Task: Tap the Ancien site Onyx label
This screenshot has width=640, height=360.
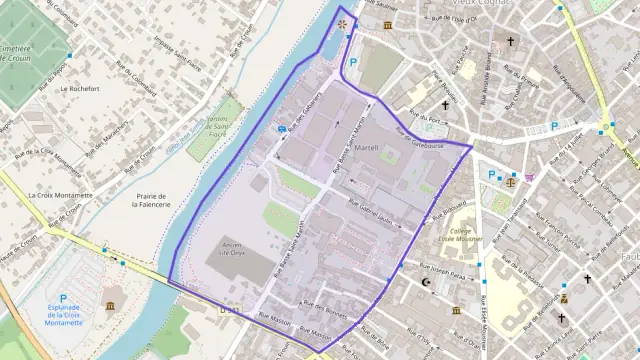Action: click(x=231, y=249)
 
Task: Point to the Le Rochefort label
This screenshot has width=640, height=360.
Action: click(x=77, y=88)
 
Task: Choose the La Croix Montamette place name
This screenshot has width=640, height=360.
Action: click(x=60, y=195)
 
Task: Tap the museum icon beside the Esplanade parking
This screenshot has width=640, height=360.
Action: click(x=109, y=304)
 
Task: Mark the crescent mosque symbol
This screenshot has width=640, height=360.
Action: click(x=429, y=283)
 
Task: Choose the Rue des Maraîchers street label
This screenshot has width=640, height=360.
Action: click(x=109, y=129)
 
